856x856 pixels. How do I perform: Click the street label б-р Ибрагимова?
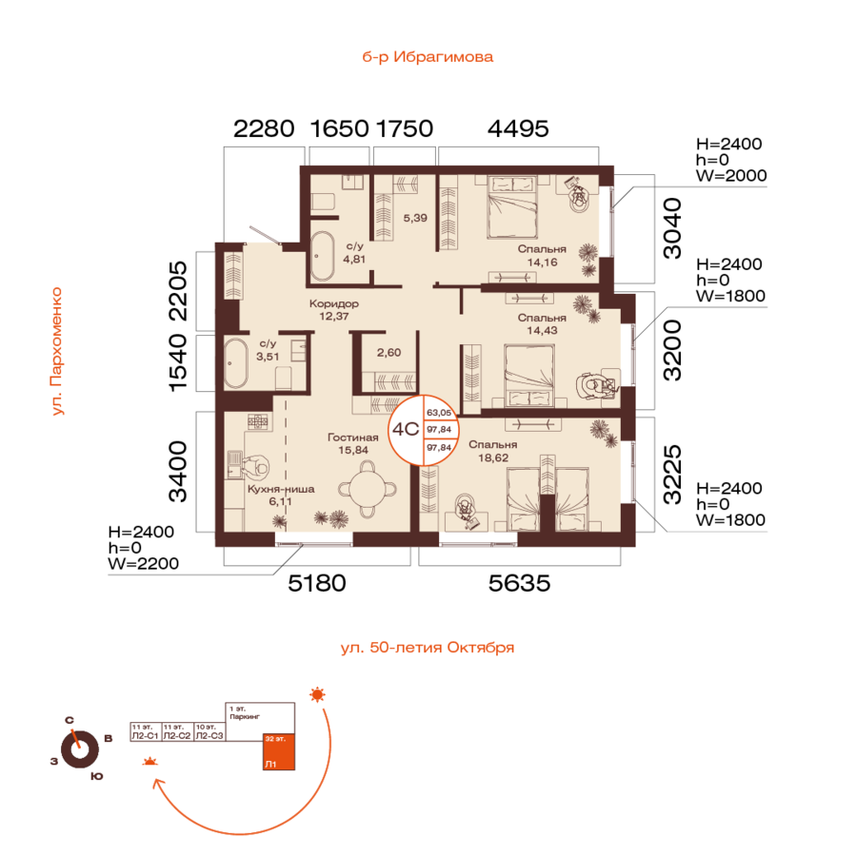(428, 57)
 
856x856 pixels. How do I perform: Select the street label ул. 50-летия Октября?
(428, 648)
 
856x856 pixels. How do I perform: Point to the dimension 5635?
(519, 584)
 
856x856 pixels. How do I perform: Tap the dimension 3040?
(671, 228)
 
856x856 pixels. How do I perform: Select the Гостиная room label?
(356, 438)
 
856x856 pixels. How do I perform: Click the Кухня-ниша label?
(280, 489)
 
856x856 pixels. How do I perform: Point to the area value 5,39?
(414, 219)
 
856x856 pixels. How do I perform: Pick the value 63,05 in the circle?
(439, 414)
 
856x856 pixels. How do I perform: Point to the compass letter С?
(70, 721)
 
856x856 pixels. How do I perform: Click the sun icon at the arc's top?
(317, 694)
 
